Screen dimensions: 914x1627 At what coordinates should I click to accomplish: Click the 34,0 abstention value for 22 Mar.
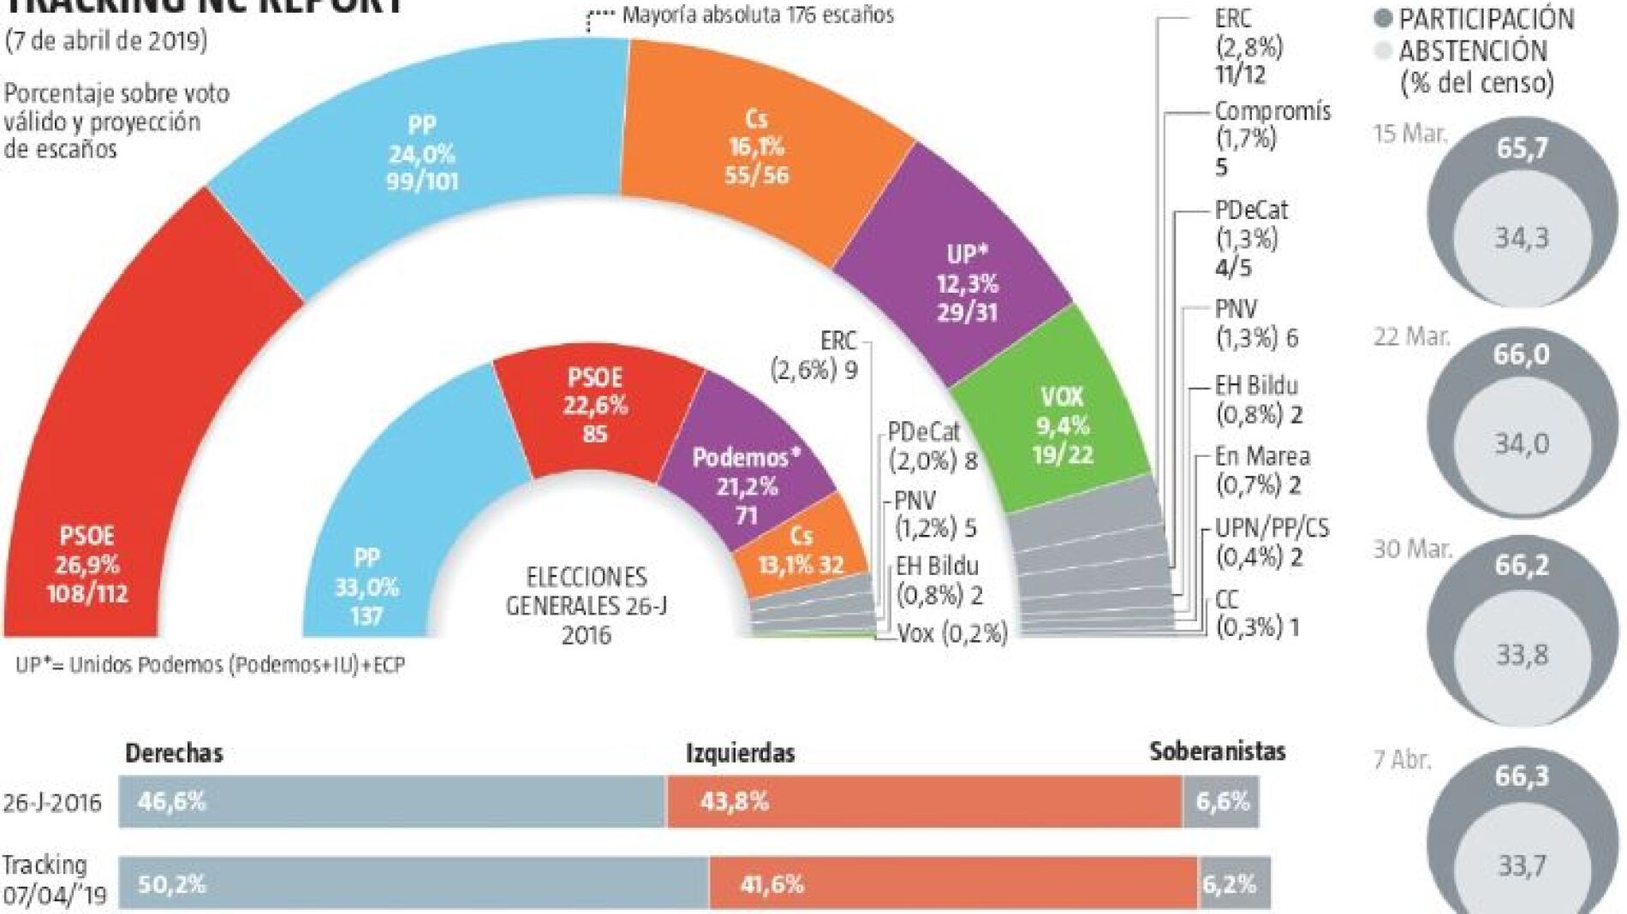click(x=1522, y=444)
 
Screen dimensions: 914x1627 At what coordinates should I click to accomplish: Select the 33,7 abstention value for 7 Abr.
click(x=1522, y=867)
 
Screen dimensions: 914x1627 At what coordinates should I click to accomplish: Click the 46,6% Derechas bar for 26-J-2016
click(x=391, y=802)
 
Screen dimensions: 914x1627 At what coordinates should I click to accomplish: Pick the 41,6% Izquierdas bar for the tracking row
click(x=952, y=883)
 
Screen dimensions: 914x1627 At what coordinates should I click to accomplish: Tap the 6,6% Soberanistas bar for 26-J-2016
click(x=1221, y=802)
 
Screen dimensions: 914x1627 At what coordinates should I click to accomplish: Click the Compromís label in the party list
click(x=1272, y=111)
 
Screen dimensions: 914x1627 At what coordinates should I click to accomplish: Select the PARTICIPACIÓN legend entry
click(x=1486, y=20)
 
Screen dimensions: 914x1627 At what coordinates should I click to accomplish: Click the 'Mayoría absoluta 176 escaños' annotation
click(x=758, y=15)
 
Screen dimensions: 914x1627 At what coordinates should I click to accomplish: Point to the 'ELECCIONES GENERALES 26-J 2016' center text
click(x=587, y=605)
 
